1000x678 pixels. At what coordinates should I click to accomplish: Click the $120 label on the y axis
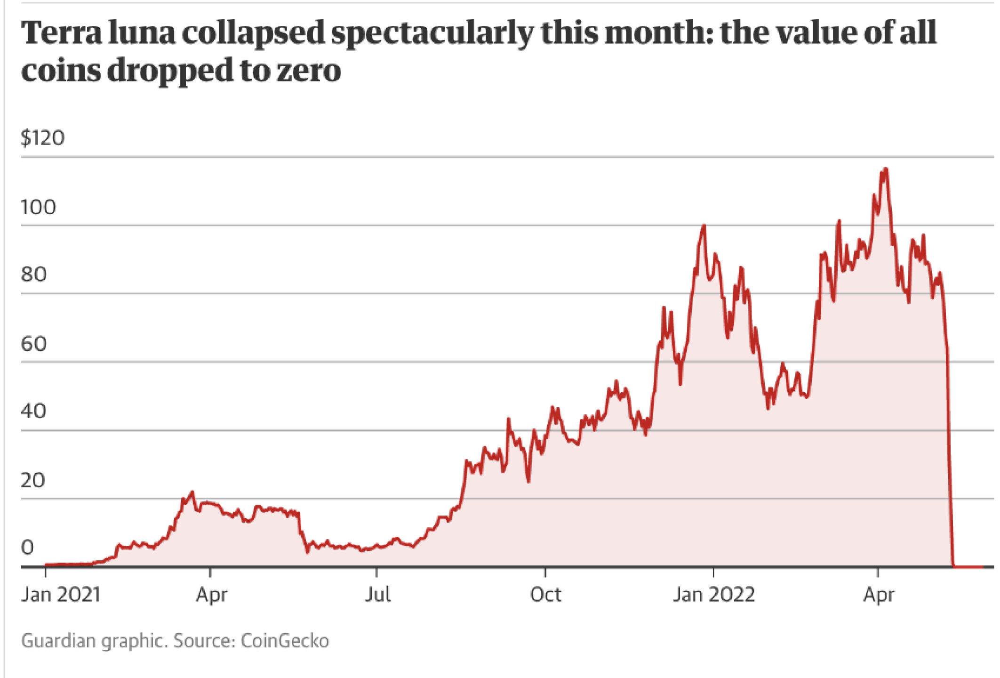point(43,138)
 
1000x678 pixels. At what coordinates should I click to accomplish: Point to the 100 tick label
point(39,207)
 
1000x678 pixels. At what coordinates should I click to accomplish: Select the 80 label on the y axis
point(34,274)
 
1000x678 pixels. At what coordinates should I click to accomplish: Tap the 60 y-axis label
point(34,344)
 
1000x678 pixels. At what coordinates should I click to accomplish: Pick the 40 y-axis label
point(33,411)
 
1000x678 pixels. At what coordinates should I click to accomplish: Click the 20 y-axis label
point(33,480)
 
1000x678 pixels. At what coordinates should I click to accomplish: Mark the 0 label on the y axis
point(28,547)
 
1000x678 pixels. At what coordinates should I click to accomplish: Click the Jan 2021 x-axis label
point(61,595)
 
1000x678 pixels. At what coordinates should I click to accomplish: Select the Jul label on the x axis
point(378,595)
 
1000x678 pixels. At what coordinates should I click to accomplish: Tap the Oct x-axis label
point(545,595)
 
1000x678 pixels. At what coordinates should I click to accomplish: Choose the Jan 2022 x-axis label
point(713,595)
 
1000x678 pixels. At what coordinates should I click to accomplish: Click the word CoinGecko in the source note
point(285,641)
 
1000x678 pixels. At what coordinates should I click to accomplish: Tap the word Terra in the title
point(62,33)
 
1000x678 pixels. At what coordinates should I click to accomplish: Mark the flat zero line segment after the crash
point(968,566)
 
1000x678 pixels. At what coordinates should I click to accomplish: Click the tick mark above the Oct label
point(545,572)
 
